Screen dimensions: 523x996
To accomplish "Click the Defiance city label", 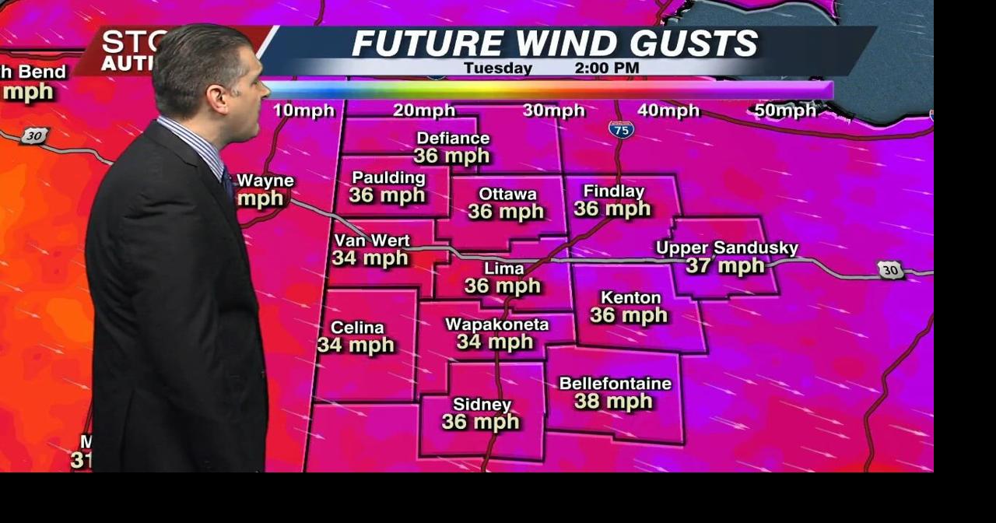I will [453, 139].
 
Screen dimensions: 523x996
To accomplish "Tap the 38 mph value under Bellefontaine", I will [613, 402].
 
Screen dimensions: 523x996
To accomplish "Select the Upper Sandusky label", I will [727, 248].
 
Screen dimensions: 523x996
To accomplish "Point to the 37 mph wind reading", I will [725, 267].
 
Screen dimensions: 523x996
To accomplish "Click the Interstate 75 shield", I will [621, 129].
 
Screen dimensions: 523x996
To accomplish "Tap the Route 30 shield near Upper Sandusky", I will [890, 270].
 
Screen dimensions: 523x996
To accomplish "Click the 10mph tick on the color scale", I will [303, 111].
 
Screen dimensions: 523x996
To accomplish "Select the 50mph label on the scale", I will [785, 111].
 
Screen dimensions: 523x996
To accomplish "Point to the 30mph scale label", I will [553, 111].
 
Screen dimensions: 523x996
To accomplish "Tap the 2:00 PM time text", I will [606, 68].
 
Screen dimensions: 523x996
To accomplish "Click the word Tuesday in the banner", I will [498, 68].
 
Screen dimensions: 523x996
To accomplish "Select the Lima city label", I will [504, 269].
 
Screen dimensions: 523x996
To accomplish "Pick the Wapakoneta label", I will [496, 324].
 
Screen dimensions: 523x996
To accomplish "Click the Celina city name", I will [357, 328].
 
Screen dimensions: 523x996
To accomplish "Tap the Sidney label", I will [482, 405].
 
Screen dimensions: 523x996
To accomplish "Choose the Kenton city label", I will [630, 297].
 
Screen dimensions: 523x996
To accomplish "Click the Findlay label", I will [613, 191].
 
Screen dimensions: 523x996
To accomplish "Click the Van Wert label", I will [371, 240].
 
